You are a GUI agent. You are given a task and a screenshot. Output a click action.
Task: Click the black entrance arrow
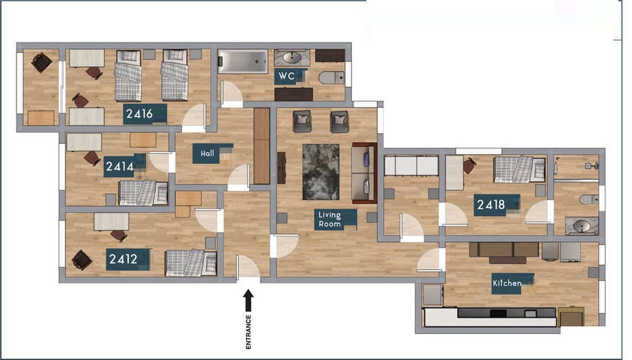[x=248, y=300]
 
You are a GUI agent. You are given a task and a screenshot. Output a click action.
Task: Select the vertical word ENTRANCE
[x=249, y=333]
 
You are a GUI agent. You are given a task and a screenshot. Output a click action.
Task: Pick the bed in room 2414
[x=143, y=192]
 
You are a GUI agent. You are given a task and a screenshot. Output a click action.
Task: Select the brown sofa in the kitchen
[x=503, y=251]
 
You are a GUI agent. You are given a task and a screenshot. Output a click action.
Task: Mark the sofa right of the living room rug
[x=364, y=173]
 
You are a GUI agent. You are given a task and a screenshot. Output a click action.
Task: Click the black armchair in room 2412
[x=81, y=259]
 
